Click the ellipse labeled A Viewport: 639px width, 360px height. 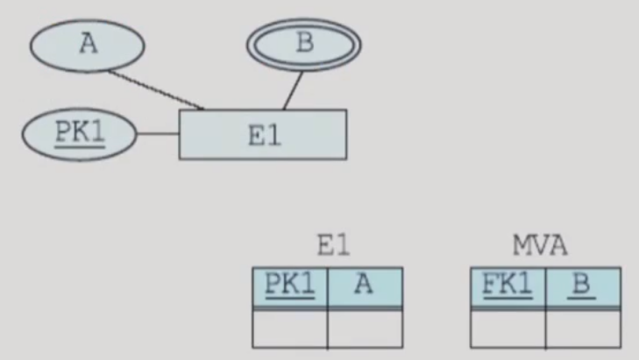coord(87,46)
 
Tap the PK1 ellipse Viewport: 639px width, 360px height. coord(80,135)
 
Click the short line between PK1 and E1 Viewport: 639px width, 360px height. coord(158,135)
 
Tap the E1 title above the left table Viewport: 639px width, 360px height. coord(332,246)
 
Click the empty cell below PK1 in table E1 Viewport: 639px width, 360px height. coord(289,328)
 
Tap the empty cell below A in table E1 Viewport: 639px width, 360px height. coord(365,328)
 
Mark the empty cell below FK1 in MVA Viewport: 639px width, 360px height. coord(508,328)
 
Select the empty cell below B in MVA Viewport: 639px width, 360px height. coord(582,328)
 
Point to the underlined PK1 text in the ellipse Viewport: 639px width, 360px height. coord(80,134)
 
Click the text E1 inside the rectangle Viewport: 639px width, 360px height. coord(263,136)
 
